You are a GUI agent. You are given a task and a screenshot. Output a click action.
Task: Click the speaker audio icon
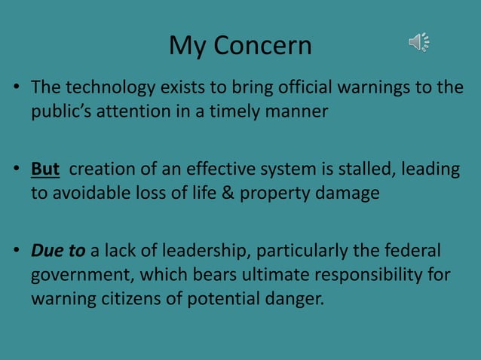coord(419,43)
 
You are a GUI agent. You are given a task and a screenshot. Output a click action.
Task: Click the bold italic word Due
coord(47,249)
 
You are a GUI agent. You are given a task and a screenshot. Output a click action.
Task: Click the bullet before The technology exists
coord(17,89)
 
